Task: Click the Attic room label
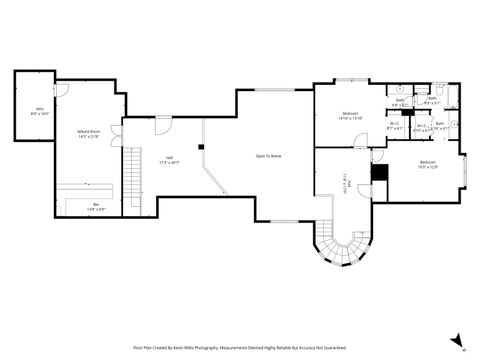click(x=41, y=110)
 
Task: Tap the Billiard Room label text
click(x=89, y=133)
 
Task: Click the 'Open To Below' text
click(x=268, y=156)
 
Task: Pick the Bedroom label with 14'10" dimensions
click(x=350, y=115)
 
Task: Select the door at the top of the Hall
click(x=162, y=124)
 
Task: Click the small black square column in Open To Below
click(x=201, y=147)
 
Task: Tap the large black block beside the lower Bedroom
click(x=379, y=173)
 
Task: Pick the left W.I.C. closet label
click(x=394, y=127)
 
